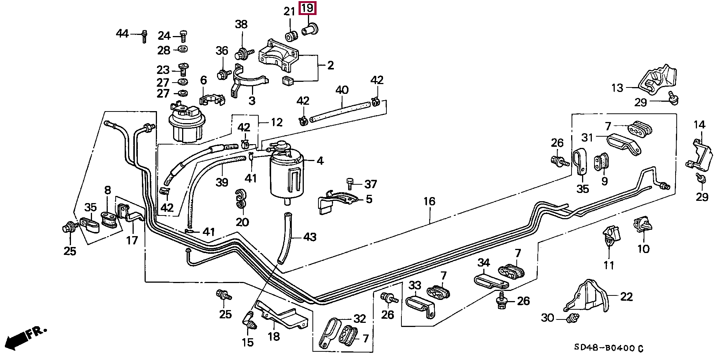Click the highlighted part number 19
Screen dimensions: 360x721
(307, 8)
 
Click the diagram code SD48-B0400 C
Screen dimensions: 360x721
(608, 348)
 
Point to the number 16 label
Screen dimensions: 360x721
(429, 202)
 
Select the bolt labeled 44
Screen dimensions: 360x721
(144, 36)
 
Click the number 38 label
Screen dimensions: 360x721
(241, 24)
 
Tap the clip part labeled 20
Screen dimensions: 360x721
(240, 199)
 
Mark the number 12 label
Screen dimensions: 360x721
(276, 122)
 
